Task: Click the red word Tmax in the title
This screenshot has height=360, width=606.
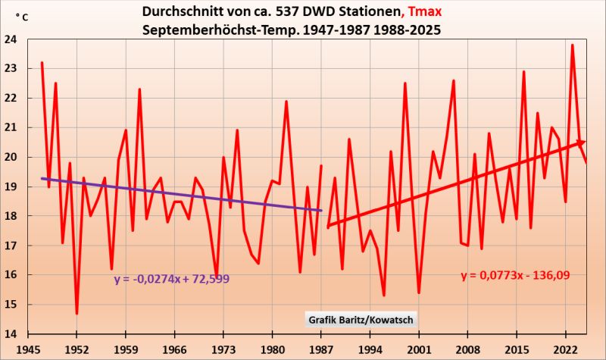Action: [x=430, y=14]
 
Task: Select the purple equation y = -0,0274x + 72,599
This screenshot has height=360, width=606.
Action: [x=172, y=279]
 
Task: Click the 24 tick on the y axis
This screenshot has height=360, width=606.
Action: [x=17, y=40]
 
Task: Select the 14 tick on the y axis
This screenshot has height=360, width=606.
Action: [x=17, y=334]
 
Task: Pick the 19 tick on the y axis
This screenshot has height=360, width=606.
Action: [x=17, y=187]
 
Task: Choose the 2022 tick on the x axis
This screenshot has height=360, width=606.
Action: [x=565, y=350]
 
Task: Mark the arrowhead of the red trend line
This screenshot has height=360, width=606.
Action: [x=582, y=142]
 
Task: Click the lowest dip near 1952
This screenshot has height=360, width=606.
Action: [x=77, y=313]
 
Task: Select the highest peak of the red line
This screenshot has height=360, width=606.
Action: [x=572, y=45]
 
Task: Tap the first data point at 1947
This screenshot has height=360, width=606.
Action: [x=42, y=63]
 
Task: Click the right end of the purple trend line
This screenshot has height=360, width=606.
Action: [x=321, y=211]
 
